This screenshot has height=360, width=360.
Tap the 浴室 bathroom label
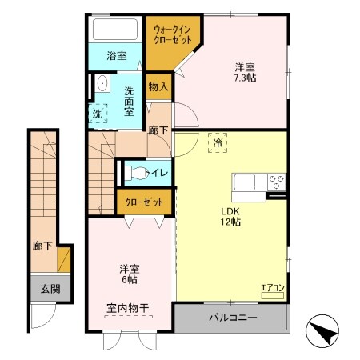[116, 55]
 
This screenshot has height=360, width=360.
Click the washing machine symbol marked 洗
[98, 114]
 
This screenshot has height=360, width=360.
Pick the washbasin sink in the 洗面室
[102, 84]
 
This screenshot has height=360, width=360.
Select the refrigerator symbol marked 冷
[218, 143]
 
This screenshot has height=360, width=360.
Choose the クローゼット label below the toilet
[144, 202]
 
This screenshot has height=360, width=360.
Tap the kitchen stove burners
[277, 180]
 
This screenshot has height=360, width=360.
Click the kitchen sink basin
[244, 181]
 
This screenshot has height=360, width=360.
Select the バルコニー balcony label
[233, 318]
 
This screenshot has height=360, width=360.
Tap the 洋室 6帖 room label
[129, 274]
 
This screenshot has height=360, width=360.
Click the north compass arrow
[324, 331]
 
